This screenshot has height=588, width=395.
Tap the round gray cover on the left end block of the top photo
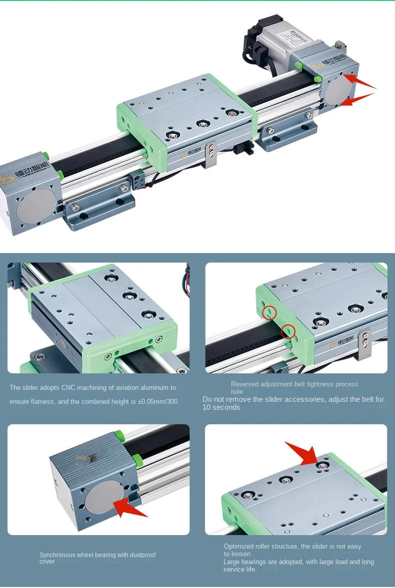tap(36, 207)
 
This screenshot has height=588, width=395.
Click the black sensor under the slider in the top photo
tap(244, 148)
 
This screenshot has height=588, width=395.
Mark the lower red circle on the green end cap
tap(288, 331)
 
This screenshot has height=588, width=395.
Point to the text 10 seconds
tap(221, 407)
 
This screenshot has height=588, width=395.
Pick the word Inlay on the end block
tap(83, 457)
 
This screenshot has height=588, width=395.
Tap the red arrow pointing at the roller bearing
tap(302, 452)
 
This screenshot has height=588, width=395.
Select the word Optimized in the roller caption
tap(238, 547)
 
